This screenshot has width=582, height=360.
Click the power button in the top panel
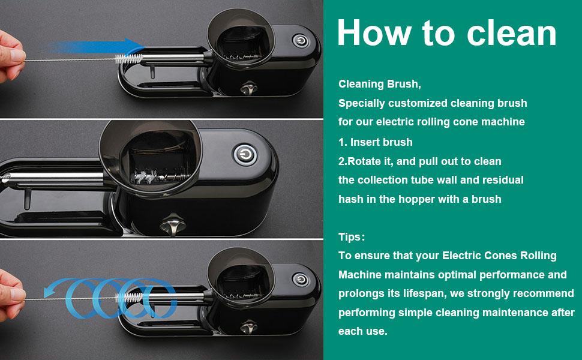[x=301, y=41]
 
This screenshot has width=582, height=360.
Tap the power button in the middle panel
[x=245, y=155]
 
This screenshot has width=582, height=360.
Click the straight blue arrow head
[x=134, y=47]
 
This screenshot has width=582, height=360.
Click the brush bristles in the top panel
[x=129, y=59]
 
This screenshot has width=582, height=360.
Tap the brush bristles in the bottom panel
[x=129, y=297]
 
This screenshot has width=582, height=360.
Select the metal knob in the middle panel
[x=173, y=224]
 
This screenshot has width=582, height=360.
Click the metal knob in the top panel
[x=248, y=88]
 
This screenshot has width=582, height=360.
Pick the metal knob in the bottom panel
[x=248, y=327]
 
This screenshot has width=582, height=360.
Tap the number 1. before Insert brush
[x=343, y=142]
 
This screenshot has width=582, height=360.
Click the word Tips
[x=350, y=237]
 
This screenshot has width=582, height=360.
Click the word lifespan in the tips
[x=423, y=293]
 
